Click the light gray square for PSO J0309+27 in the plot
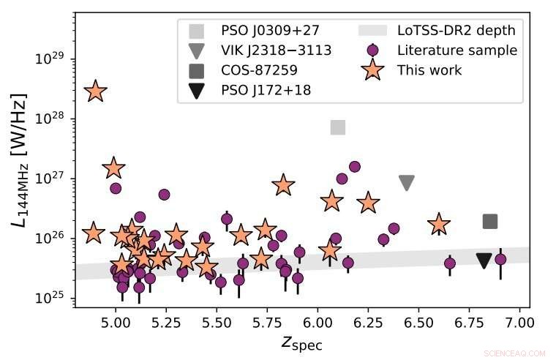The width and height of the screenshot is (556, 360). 337,127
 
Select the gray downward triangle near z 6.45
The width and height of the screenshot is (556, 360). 407,183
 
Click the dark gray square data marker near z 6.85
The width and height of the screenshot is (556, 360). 490,222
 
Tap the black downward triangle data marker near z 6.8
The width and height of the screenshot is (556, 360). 484,260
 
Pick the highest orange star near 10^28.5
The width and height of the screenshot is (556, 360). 95,91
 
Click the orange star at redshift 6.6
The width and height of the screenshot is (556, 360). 439,225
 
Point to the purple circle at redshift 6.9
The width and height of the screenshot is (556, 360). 500,259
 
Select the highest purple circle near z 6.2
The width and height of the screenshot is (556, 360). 355,167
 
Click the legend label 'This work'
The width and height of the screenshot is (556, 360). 429,70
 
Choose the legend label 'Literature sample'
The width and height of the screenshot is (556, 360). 457,50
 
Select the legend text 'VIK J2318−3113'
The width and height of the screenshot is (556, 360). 276,50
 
